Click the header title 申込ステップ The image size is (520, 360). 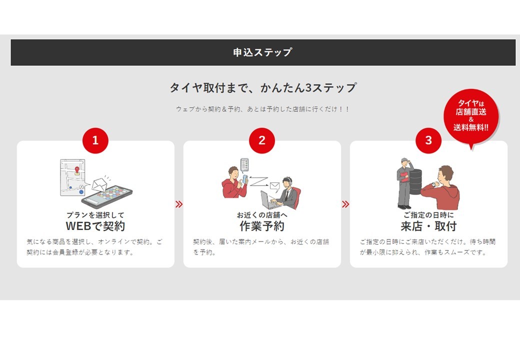262,52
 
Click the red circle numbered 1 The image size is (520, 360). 95,140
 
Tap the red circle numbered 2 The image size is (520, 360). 262,140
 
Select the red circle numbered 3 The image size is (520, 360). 428,140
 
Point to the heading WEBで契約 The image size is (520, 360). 95,226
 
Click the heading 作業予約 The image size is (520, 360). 262,226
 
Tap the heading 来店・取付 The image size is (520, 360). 428,226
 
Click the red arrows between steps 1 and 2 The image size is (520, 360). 179,204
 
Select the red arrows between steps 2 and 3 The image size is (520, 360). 345,204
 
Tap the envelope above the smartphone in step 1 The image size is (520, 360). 99,184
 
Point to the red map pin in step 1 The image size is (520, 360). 77,169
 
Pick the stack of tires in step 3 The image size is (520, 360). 415,182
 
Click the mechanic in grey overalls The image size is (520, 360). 404,183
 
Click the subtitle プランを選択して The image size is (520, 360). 95,215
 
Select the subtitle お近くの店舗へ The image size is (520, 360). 262,215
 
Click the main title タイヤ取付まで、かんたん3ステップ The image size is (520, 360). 263,87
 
